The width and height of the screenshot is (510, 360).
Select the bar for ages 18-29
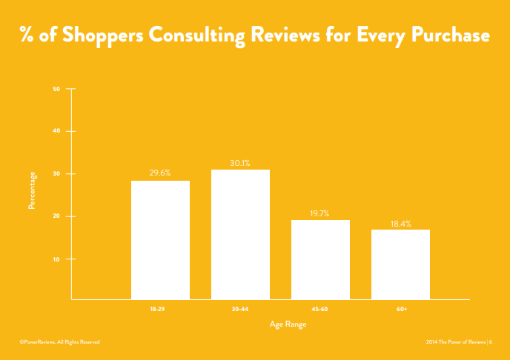[160, 239]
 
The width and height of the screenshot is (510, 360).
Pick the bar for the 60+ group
[400, 264]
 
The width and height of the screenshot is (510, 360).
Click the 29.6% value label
[160, 173]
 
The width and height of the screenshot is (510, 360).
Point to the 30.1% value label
[240, 162]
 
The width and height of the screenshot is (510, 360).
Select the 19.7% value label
[320, 213]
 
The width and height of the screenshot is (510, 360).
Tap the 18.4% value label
[400, 223]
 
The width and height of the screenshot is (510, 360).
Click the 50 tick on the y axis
[57, 89]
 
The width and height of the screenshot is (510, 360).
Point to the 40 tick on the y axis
[57, 131]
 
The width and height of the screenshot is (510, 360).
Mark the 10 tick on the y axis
[57, 259]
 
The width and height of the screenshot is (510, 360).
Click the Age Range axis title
[288, 324]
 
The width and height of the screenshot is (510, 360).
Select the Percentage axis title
[32, 190]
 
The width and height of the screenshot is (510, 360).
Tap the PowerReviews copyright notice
[59, 341]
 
